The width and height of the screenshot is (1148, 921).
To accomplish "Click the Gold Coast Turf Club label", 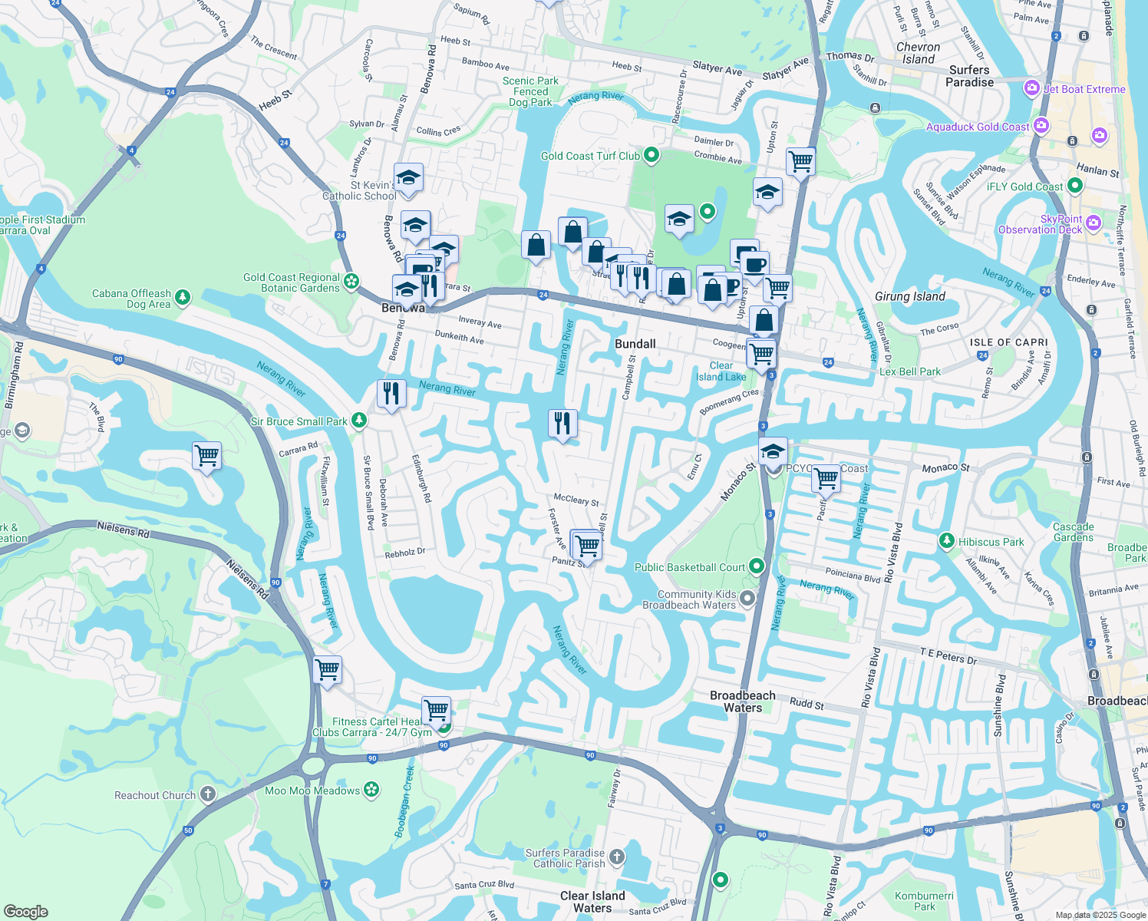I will (589, 156).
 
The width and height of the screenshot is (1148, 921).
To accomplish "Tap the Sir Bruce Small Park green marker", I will (358, 421).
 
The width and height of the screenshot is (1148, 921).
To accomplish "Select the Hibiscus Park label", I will (991, 542).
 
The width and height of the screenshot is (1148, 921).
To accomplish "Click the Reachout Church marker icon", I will (208, 794).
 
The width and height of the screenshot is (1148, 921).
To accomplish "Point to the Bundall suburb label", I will (635, 344).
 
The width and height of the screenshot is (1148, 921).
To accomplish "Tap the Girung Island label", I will (909, 296).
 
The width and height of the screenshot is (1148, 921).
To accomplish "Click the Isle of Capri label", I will (1008, 342).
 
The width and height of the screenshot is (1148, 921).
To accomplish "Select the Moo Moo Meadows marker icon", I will (371, 790).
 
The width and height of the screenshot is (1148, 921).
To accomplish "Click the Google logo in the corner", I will (25, 911).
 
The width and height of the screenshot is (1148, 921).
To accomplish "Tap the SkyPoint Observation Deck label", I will (1040, 224).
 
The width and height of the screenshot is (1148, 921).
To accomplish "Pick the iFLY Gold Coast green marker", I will (1075, 185).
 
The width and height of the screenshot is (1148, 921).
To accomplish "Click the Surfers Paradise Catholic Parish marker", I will (616, 857).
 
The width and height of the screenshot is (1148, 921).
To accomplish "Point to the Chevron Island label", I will (918, 53).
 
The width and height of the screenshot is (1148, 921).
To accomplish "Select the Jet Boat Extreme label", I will (1084, 89).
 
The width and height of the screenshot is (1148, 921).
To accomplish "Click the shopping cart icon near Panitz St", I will (587, 546).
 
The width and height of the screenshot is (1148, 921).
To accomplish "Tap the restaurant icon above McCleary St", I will (562, 423).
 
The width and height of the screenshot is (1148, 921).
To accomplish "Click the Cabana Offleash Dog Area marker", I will (183, 297).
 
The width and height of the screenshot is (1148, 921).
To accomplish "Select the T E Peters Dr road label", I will (948, 656).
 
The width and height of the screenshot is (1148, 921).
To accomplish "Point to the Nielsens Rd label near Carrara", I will (123, 529).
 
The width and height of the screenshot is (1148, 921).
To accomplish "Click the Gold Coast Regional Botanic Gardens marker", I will (351, 281).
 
